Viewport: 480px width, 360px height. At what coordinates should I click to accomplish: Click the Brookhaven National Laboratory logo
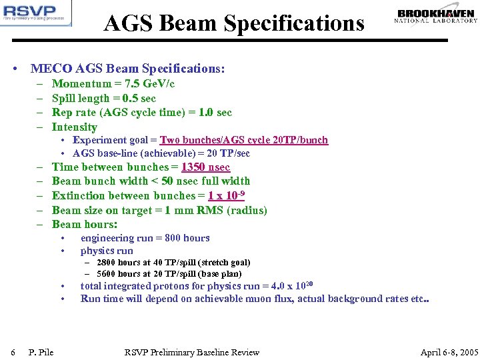437,16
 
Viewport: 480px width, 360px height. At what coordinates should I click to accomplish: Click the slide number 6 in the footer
13,352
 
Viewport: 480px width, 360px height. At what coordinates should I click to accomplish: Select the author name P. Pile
41,352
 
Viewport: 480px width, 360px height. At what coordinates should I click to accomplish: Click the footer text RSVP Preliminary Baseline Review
192,352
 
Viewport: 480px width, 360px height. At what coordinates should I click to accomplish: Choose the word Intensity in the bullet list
75,127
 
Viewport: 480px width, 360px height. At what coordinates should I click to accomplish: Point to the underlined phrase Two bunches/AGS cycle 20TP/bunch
244,140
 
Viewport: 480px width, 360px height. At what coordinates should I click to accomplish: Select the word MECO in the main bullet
47,69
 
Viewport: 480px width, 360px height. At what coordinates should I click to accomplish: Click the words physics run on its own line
107,251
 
